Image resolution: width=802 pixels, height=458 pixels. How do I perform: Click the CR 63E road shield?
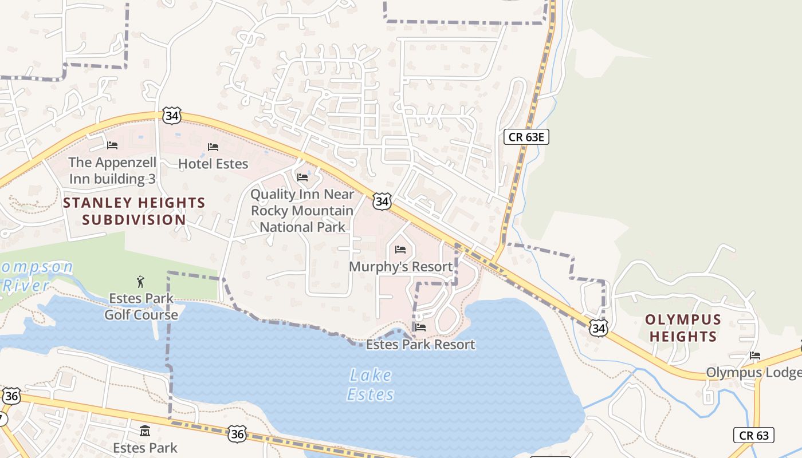point(526,137)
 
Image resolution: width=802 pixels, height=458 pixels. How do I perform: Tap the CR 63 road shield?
point(754,435)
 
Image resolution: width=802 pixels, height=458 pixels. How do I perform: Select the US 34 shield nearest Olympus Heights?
point(599,328)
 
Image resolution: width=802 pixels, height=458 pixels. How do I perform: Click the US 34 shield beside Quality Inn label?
point(382,202)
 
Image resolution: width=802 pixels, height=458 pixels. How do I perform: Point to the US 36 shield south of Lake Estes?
point(237,434)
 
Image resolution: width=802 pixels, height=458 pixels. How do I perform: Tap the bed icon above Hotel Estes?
point(213,147)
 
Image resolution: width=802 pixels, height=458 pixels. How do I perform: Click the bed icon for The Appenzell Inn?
point(112,145)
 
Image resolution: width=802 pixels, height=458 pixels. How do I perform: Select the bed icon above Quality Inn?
point(302,177)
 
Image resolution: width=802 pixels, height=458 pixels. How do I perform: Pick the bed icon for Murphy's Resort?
point(400,250)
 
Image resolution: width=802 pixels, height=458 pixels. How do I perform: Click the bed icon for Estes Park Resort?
point(420,327)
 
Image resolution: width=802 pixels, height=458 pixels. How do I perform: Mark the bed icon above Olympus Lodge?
point(755,356)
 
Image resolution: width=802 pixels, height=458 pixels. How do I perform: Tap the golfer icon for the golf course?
point(141,281)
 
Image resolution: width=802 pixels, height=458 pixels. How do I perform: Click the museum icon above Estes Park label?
point(145,431)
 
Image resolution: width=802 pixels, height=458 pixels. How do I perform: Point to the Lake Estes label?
point(371,385)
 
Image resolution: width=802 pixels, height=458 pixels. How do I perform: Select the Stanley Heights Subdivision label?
point(134,211)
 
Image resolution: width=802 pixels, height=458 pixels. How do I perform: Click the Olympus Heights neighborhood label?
point(683,327)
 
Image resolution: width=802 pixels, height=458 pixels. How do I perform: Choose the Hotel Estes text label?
point(213,164)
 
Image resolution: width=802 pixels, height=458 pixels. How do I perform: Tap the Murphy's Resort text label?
point(400,267)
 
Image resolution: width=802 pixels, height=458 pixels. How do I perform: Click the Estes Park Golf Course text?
point(141,307)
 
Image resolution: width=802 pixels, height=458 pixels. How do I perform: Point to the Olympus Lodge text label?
point(753,372)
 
